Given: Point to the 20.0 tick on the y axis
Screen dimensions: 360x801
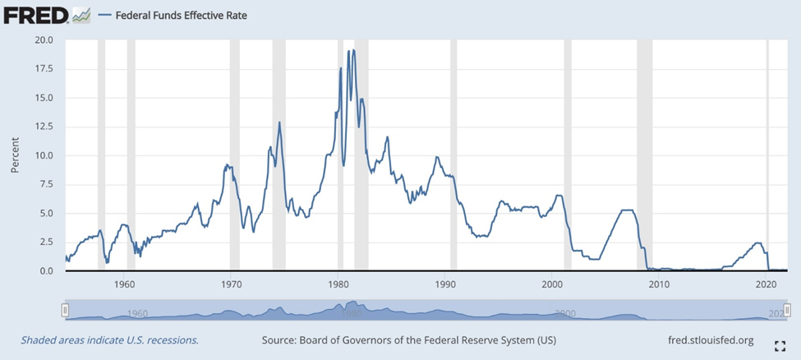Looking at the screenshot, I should click(42, 39).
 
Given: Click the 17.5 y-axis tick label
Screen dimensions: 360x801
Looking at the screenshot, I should click(42, 69).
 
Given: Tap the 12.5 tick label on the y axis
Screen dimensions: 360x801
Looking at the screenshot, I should click(42, 127).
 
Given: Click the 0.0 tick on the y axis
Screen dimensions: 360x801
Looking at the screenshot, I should click(45, 271).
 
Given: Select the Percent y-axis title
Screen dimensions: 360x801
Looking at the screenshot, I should click(16, 155).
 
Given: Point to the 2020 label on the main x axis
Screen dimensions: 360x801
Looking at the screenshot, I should click(766, 284).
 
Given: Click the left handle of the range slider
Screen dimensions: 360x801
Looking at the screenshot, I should click(66, 309).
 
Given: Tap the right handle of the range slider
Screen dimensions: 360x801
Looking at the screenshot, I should click(787, 309).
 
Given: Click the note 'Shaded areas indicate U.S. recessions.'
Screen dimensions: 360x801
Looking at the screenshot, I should click(109, 339).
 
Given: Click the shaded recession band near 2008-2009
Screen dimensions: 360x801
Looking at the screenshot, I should click(644, 155).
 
